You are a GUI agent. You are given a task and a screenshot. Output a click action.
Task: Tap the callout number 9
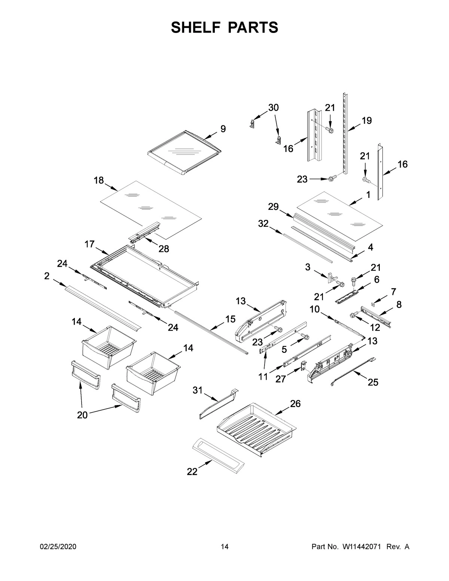223,129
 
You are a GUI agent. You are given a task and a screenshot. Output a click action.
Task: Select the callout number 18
99,180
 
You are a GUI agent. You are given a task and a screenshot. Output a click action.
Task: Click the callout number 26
295,404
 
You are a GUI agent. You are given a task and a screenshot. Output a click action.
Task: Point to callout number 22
192,472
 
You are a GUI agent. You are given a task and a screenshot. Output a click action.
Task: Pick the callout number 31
197,391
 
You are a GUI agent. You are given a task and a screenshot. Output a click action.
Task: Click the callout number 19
366,120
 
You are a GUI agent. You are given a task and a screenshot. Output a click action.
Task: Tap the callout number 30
274,108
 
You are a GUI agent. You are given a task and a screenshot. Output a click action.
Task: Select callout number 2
47,276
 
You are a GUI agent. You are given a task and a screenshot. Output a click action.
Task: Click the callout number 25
373,382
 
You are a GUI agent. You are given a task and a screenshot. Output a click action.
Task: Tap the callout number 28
164,249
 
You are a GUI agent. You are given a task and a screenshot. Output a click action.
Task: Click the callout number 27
281,379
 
